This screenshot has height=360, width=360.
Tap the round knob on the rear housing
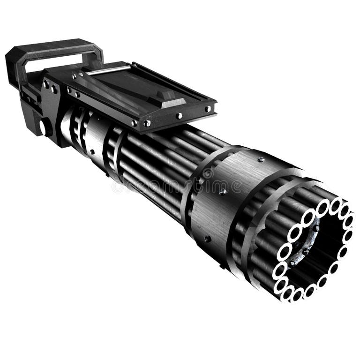(x=44, y=127)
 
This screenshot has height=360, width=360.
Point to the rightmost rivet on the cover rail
(x=207, y=109)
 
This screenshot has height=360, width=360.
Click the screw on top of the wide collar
(x=261, y=160)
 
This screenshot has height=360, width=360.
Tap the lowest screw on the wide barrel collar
(x=206, y=239)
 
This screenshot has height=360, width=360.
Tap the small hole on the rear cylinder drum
(x=92, y=151)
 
